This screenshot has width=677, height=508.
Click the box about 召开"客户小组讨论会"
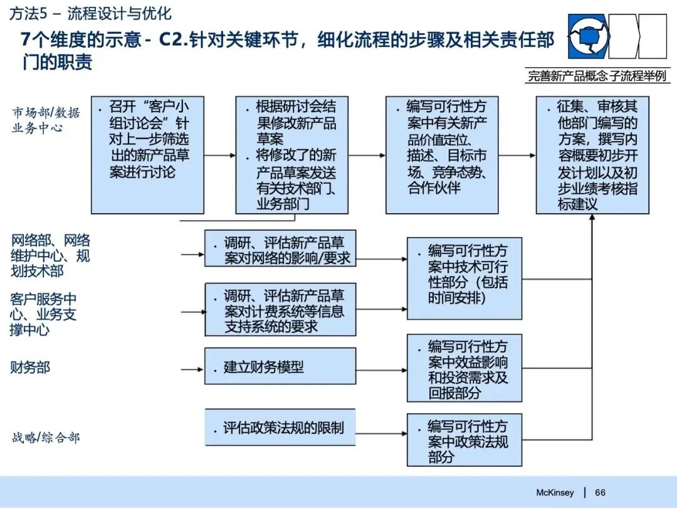(x=147, y=155)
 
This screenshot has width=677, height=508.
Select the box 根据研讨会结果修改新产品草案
(x=291, y=155)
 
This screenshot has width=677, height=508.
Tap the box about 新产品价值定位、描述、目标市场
(x=442, y=155)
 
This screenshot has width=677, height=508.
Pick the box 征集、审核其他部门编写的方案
(x=592, y=155)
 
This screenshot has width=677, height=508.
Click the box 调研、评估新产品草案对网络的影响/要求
(x=280, y=249)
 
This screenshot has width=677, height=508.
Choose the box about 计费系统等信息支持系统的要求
(x=280, y=310)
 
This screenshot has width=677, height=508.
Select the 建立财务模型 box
(x=280, y=366)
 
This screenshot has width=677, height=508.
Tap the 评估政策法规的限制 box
(x=280, y=428)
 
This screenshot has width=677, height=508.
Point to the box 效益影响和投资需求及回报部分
(x=464, y=368)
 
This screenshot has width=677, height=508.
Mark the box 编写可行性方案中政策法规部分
(x=464, y=440)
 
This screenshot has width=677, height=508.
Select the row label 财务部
(x=29, y=367)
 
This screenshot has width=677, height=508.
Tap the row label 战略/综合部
(x=46, y=437)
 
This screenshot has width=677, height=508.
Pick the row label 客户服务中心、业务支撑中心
(x=43, y=314)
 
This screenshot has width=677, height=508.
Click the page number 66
(x=600, y=492)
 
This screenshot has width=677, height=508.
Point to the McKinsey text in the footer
(x=555, y=492)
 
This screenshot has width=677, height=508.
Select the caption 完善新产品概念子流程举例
(x=597, y=77)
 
